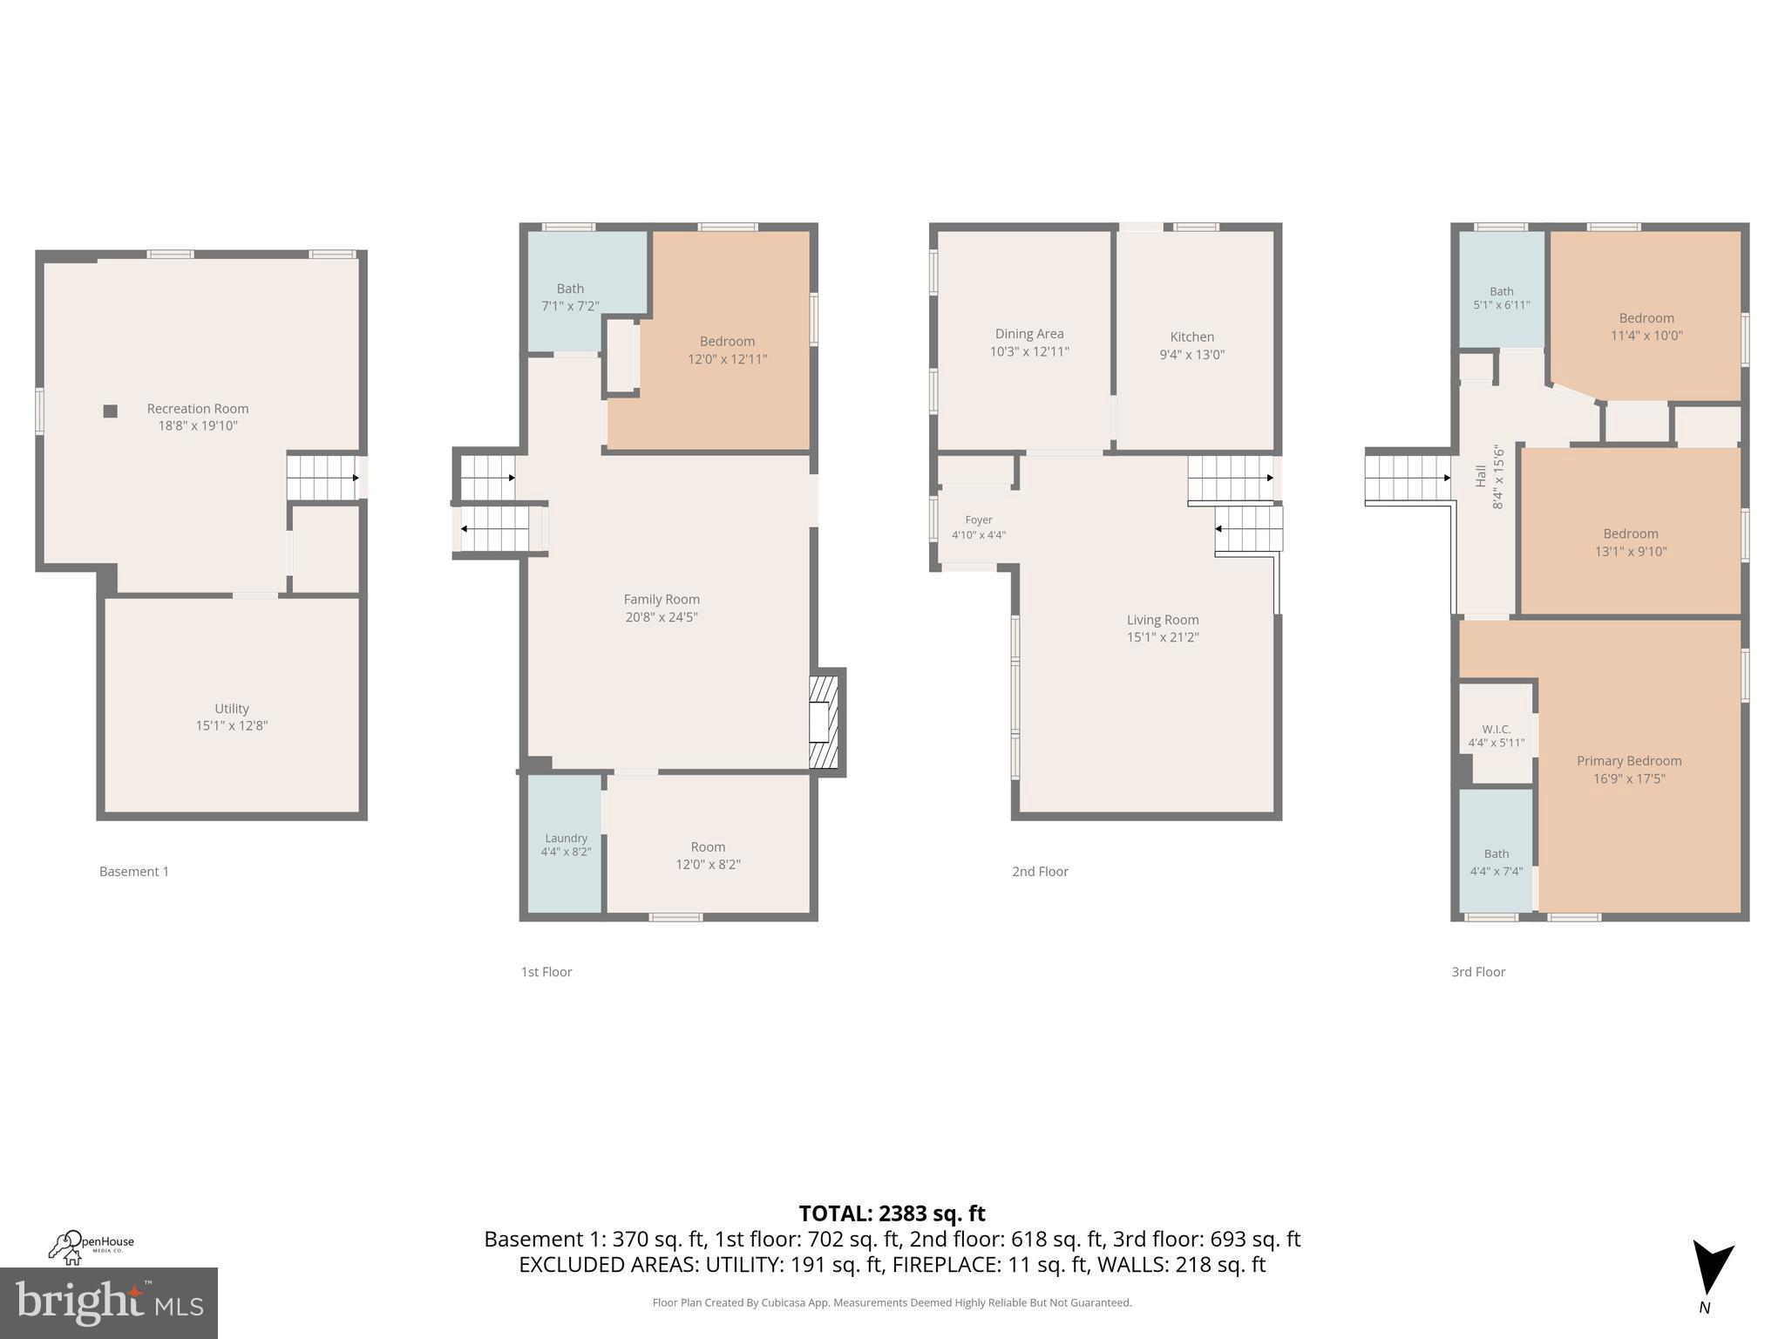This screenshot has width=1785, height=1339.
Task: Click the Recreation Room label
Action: (197, 409)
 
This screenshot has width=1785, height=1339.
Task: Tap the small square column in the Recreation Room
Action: (111, 411)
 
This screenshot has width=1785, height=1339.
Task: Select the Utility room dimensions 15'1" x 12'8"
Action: (231, 725)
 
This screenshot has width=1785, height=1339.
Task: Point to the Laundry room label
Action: (566, 838)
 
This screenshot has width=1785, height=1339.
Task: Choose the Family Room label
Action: (661, 600)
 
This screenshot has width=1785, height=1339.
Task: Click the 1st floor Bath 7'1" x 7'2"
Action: (570, 297)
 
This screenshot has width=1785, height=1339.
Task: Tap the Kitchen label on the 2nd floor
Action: (1191, 337)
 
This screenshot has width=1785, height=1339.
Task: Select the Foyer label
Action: (978, 520)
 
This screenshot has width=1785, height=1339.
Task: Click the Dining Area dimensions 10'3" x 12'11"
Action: (1028, 351)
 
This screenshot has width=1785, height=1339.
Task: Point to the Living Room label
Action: (1162, 620)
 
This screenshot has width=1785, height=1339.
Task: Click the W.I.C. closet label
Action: (1496, 729)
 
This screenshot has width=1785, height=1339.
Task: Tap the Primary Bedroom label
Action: (1628, 761)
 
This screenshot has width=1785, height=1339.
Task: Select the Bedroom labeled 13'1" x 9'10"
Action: (1630, 542)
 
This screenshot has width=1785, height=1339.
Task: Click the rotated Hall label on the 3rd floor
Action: (1480, 476)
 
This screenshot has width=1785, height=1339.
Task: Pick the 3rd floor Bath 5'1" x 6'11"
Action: (1501, 298)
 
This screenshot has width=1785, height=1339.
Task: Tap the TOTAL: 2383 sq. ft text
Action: (892, 1213)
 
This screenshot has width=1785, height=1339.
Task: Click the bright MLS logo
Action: (108, 1302)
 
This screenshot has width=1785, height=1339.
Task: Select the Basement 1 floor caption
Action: (134, 871)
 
